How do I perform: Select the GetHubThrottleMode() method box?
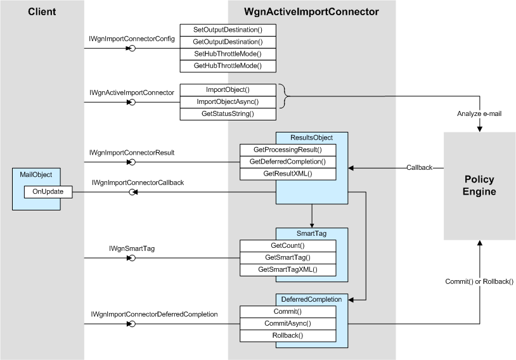click(228, 66)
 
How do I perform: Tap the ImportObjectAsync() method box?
click(228, 101)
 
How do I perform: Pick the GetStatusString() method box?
click(228, 113)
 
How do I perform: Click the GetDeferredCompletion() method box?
click(287, 162)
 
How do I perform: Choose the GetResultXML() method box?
click(287, 174)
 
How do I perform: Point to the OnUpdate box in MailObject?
click(48, 191)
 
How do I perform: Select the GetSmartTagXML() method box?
click(287, 269)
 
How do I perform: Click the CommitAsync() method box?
click(287, 323)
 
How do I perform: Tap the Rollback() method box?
click(287, 335)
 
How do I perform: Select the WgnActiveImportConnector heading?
click(312, 11)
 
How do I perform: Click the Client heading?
click(42, 11)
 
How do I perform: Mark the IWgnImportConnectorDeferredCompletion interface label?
click(154, 314)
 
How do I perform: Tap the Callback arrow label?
click(420, 168)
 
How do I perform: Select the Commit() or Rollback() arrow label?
click(481, 281)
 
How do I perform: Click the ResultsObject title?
click(311, 138)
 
